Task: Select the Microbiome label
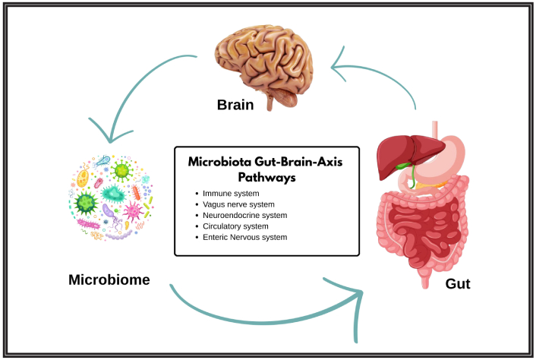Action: tap(109, 279)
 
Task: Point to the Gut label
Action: tap(459, 283)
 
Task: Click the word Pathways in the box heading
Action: tap(266, 177)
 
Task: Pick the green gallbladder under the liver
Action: tap(411, 175)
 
